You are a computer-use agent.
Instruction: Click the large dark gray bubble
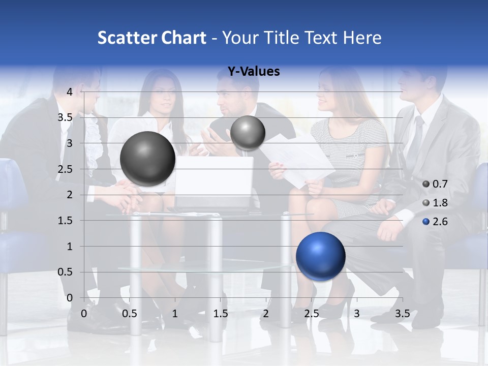click(x=147, y=159)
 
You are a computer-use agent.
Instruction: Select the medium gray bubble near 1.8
click(x=248, y=133)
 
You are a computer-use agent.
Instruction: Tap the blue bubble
click(x=320, y=256)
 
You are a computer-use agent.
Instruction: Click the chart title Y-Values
click(x=253, y=72)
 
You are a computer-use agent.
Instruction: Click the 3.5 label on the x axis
click(x=402, y=314)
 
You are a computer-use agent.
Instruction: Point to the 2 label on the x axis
click(x=266, y=314)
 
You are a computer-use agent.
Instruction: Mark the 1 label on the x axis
click(x=175, y=314)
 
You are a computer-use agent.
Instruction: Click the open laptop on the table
click(x=213, y=178)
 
